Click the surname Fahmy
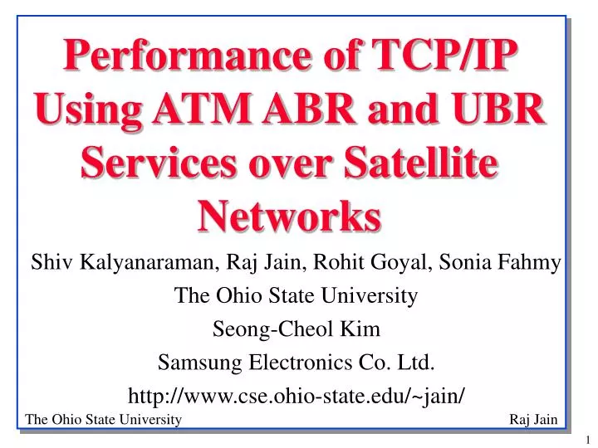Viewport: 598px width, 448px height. [x=531, y=265]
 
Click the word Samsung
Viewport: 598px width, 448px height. [x=197, y=363]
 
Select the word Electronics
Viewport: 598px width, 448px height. [x=298, y=363]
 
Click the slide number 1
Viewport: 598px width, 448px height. [x=586, y=438]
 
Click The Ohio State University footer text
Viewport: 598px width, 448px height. [x=104, y=420]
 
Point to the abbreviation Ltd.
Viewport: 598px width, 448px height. [x=419, y=363]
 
